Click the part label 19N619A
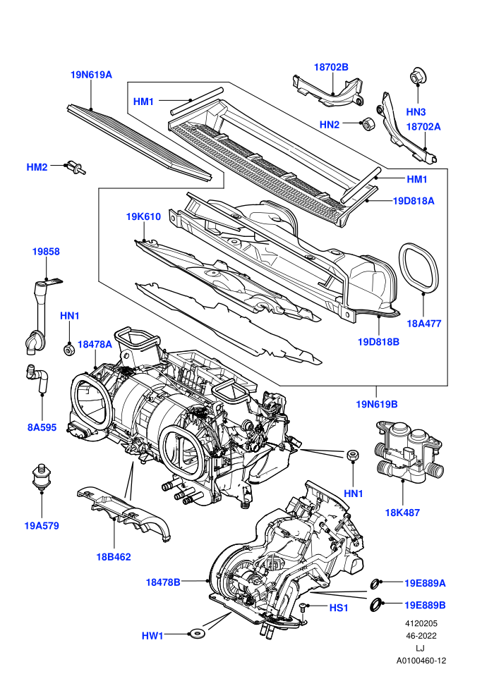point(91,75)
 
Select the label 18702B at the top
point(331,67)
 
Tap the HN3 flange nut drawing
point(417,76)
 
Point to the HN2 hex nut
point(367,124)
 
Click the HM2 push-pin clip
point(76,166)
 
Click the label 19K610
point(143,216)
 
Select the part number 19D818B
point(379,342)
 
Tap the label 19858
point(46,252)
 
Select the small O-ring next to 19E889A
point(375,582)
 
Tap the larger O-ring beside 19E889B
point(377,604)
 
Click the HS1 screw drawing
point(303,608)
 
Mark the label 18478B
point(163,582)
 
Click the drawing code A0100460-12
point(421,661)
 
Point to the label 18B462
point(114,557)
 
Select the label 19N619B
point(377,404)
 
